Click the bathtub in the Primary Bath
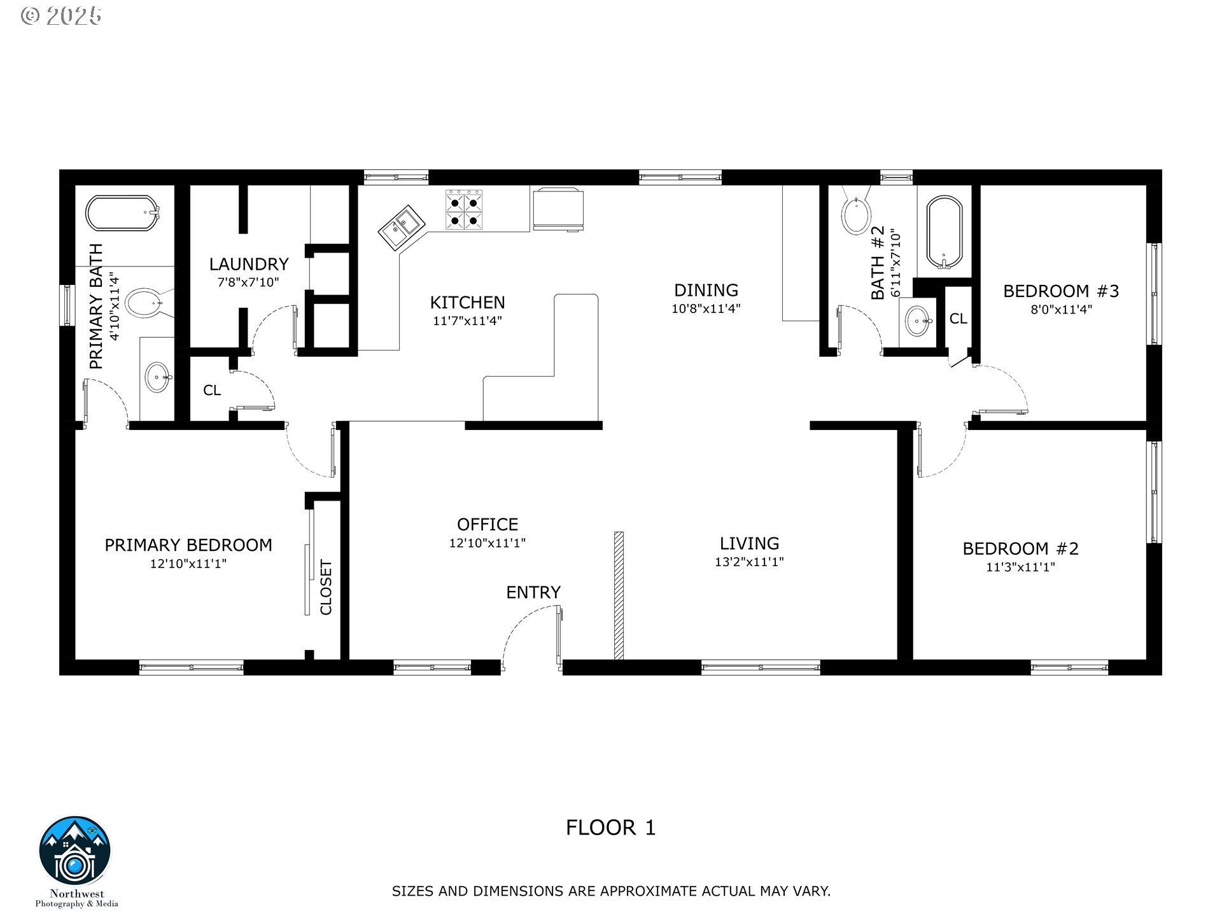(x=122, y=214)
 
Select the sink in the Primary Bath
(x=157, y=378)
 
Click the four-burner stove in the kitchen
(x=464, y=210)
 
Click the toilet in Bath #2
(x=856, y=211)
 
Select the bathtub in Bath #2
(x=945, y=233)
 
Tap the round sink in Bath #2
(x=918, y=321)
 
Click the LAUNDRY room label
(x=249, y=264)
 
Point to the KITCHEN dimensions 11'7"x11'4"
(x=468, y=321)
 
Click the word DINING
(x=706, y=290)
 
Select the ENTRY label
(x=533, y=592)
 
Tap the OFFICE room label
(x=488, y=524)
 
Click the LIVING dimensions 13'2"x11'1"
(x=749, y=562)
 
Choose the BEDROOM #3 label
(x=1061, y=291)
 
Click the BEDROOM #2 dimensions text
(x=1021, y=567)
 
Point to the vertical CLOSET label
(x=326, y=587)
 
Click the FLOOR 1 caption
(x=611, y=828)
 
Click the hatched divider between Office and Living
(x=619, y=595)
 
